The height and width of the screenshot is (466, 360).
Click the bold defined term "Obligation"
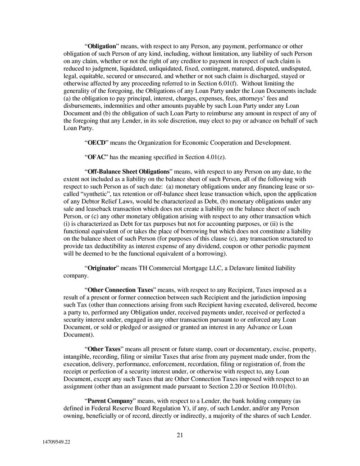[102, 46]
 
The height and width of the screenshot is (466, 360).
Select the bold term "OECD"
[96, 143]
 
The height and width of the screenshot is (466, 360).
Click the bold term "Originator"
[102, 268]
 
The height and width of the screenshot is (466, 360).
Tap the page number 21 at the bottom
[180, 435]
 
